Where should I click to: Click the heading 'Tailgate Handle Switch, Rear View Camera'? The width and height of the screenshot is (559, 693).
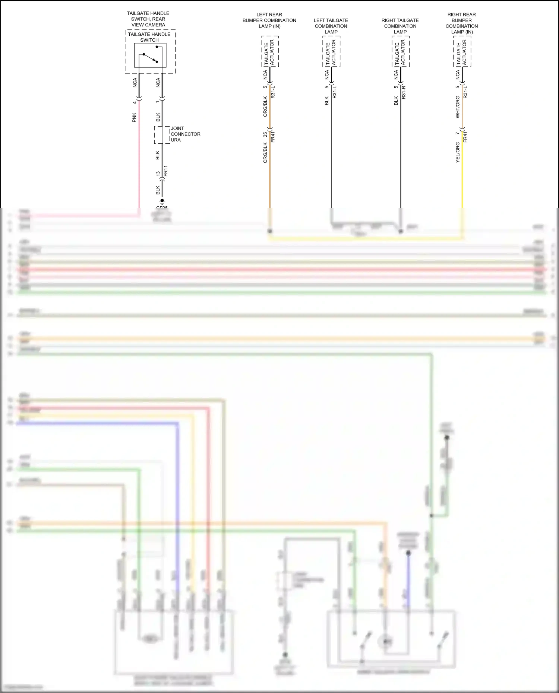148,19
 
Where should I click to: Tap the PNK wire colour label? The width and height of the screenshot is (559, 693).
134,117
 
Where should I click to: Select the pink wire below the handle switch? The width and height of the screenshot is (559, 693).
139,156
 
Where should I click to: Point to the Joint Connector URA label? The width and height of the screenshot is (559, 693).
185,134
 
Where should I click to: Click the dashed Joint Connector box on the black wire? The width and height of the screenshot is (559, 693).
162,135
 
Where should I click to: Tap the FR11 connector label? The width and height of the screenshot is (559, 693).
166,171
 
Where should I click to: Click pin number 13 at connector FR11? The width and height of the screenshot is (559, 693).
158,174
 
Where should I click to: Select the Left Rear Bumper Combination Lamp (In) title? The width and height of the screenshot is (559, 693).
269,20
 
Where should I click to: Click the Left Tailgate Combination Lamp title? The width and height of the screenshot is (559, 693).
331,26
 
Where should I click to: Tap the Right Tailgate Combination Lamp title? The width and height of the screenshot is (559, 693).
400,26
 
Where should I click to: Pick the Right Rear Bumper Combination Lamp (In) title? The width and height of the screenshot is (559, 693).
461,23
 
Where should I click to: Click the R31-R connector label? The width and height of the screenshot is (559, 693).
404,92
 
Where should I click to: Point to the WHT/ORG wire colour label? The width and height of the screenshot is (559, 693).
458,107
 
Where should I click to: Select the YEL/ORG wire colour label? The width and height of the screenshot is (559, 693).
458,152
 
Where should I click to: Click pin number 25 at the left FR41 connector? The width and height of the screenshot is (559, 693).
265,134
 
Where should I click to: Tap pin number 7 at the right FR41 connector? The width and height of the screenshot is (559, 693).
457,133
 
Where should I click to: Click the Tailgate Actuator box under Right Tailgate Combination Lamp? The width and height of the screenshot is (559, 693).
401,52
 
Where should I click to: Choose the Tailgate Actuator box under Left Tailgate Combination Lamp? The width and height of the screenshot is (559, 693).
331,52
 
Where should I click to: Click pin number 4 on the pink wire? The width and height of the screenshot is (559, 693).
134,102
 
